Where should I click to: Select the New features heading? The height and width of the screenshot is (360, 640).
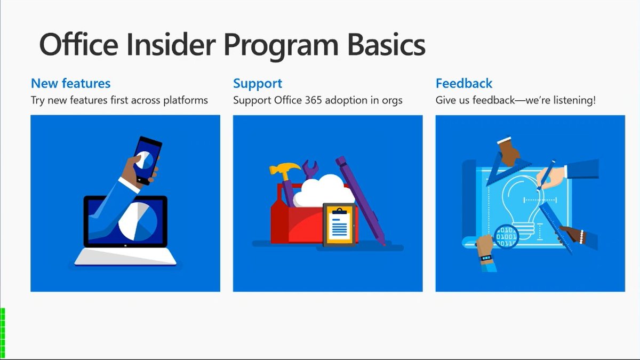coord(70,83)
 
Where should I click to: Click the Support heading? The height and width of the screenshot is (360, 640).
coord(258,83)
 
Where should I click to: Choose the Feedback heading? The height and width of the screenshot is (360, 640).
coord(464,83)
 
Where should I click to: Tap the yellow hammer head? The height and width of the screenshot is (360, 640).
coord(279,171)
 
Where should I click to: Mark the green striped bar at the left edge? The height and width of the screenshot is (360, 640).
coord(3,331)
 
